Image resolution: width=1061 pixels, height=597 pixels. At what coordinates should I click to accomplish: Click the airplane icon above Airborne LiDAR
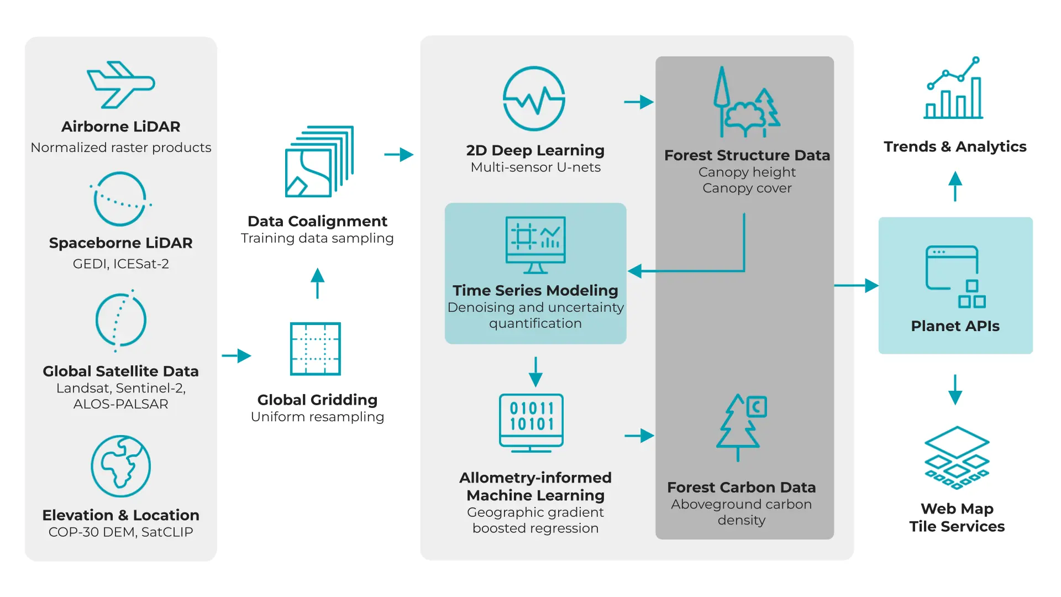point(120,85)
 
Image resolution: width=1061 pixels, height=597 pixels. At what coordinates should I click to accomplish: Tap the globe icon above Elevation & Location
point(120,466)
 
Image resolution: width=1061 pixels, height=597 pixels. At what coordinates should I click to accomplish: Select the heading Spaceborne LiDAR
point(120,243)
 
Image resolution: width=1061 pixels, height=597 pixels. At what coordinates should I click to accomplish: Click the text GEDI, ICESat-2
point(120,264)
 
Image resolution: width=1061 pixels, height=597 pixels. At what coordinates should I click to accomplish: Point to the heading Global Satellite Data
point(120,371)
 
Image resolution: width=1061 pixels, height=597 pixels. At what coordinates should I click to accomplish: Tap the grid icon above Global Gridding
point(316,349)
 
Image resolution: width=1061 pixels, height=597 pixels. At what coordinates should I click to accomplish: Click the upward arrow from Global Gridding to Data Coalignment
point(317,283)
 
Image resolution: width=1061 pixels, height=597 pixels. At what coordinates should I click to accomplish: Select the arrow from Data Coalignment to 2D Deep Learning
point(398,154)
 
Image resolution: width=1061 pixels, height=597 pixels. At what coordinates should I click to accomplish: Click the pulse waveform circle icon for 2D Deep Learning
point(534,98)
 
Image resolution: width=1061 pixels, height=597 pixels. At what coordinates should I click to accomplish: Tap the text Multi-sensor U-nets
point(535,167)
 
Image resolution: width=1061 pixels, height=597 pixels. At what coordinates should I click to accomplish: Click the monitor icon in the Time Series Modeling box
point(535,244)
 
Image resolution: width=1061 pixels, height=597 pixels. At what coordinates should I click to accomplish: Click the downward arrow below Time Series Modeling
point(535,372)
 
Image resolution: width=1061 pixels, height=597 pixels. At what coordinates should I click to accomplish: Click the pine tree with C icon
point(741,426)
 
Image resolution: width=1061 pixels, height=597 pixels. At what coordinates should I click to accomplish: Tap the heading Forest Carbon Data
point(741,487)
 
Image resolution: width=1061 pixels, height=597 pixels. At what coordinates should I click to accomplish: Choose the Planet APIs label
point(955,326)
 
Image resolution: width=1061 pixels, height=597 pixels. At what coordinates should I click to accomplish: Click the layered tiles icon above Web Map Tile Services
point(957,457)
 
